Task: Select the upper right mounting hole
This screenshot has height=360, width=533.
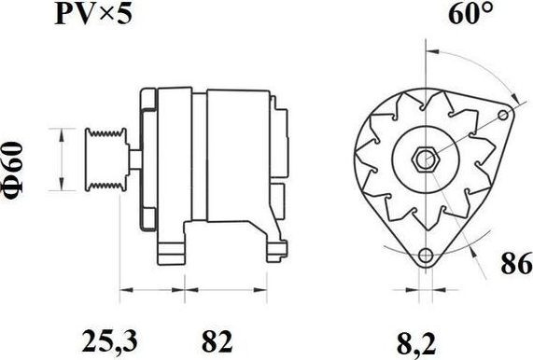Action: [x=506, y=117]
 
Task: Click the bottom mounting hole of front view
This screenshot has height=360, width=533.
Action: [x=426, y=256]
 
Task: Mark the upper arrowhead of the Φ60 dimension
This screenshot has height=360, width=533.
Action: [x=62, y=132]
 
